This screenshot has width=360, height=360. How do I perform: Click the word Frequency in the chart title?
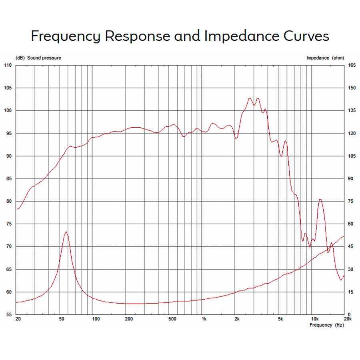(66, 36)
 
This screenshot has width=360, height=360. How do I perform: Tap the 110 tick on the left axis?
(8, 65)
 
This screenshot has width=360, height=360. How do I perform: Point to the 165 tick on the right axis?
(352, 65)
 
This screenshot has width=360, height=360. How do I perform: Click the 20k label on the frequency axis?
(347, 319)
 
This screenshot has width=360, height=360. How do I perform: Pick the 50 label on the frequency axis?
(61, 319)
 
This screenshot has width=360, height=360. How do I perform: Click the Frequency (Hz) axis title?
(326, 325)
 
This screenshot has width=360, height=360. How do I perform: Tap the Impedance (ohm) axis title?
(325, 58)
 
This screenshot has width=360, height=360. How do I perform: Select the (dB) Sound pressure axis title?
(38, 58)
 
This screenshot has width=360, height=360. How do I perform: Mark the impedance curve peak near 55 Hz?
(66, 232)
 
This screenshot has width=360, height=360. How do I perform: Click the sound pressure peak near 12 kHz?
(320, 200)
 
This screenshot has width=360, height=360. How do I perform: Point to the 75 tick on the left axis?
(8, 224)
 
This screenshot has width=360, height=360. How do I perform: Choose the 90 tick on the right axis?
(351, 179)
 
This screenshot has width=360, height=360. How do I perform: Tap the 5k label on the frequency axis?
(280, 319)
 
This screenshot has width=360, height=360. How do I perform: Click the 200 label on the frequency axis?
(129, 319)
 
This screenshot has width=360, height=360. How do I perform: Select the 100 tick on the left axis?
(8, 111)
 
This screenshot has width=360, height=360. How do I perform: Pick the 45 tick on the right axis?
(351, 247)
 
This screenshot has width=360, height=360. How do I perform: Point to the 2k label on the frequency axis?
(237, 319)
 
